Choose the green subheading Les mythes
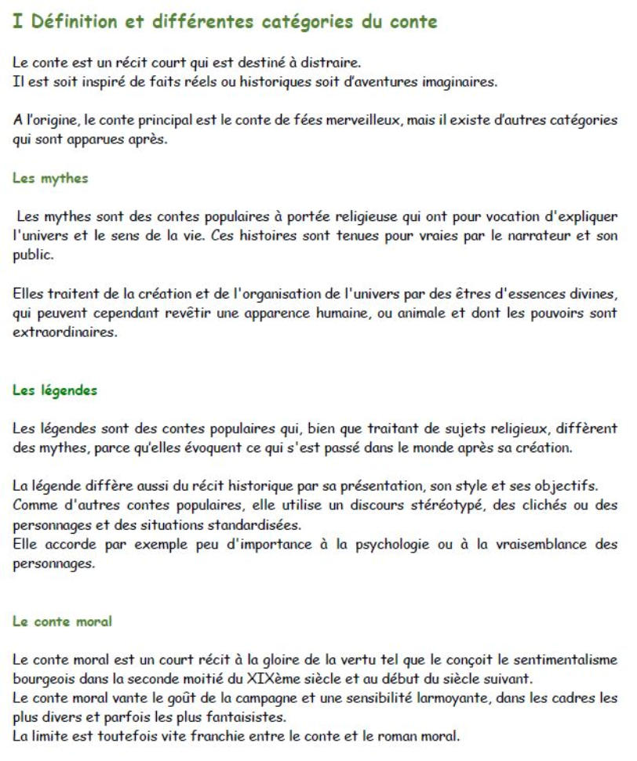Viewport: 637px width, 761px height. click(x=50, y=178)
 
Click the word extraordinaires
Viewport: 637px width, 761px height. click(x=64, y=332)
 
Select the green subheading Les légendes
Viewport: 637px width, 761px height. click(x=55, y=390)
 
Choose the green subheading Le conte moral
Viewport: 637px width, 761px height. click(x=62, y=621)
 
